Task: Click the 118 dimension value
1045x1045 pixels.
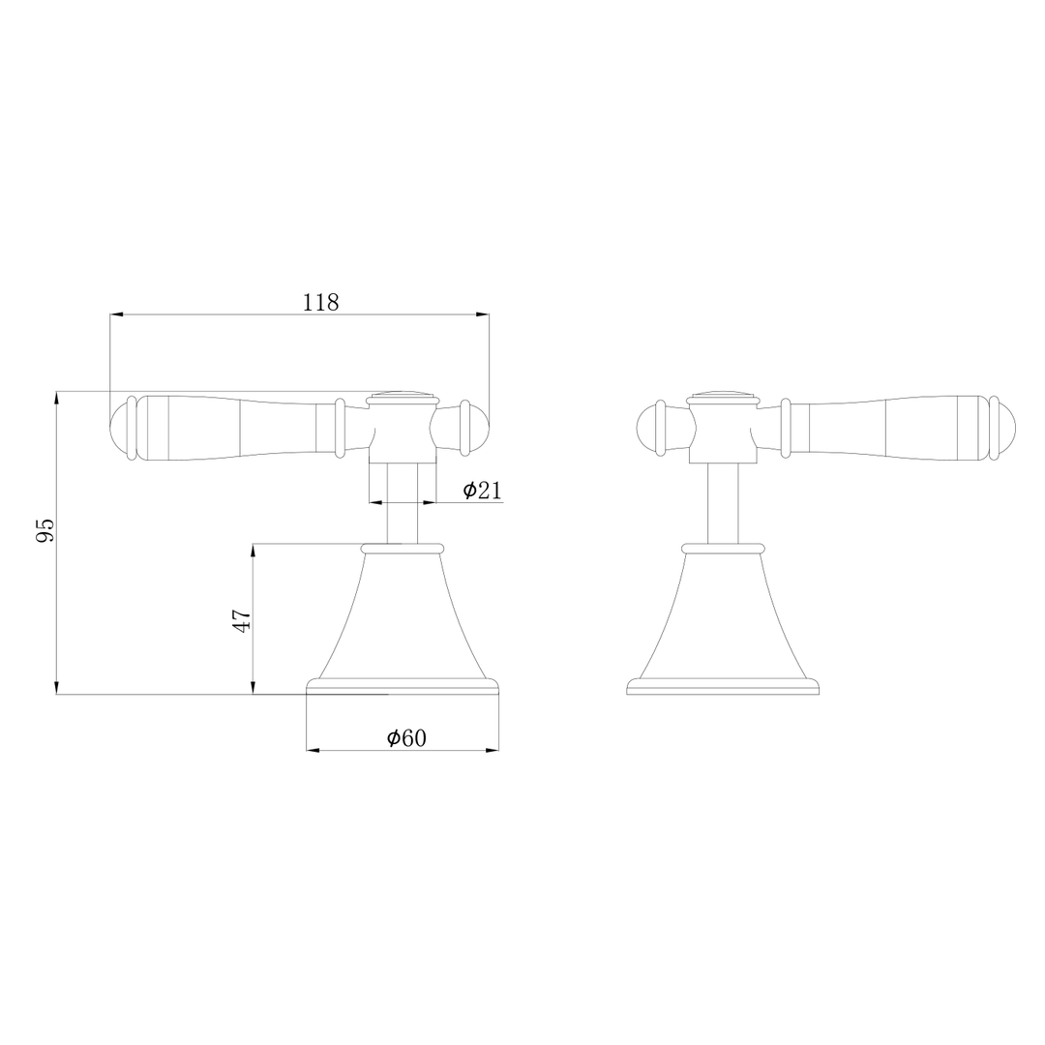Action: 320,302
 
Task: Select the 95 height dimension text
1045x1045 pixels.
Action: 45,529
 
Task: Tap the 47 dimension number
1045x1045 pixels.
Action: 242,620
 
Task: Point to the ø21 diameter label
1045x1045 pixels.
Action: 482,491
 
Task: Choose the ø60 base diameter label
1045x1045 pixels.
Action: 406,738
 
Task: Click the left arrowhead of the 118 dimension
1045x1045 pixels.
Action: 116,314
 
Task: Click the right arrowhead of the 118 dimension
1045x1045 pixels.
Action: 482,314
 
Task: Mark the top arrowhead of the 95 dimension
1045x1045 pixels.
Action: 57,398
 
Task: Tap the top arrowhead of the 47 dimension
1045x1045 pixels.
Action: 253,551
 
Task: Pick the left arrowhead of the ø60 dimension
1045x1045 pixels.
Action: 313,750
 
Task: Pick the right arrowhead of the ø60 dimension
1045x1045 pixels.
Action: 493,750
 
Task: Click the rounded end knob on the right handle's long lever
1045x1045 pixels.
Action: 1005,427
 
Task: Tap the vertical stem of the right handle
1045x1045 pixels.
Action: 723,503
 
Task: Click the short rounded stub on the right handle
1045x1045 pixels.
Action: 648,427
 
